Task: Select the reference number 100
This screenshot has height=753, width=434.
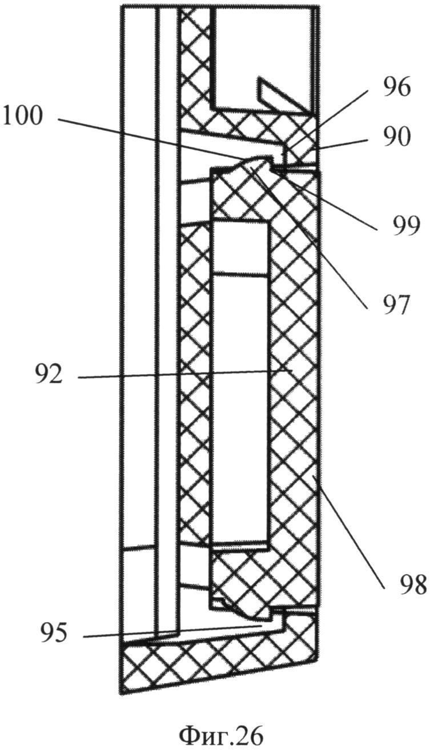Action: pos(22,117)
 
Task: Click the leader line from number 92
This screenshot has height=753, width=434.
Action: pos(183,374)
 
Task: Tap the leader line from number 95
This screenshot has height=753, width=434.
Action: pos(171,631)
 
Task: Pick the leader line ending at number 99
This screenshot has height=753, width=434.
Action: pos(331,200)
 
